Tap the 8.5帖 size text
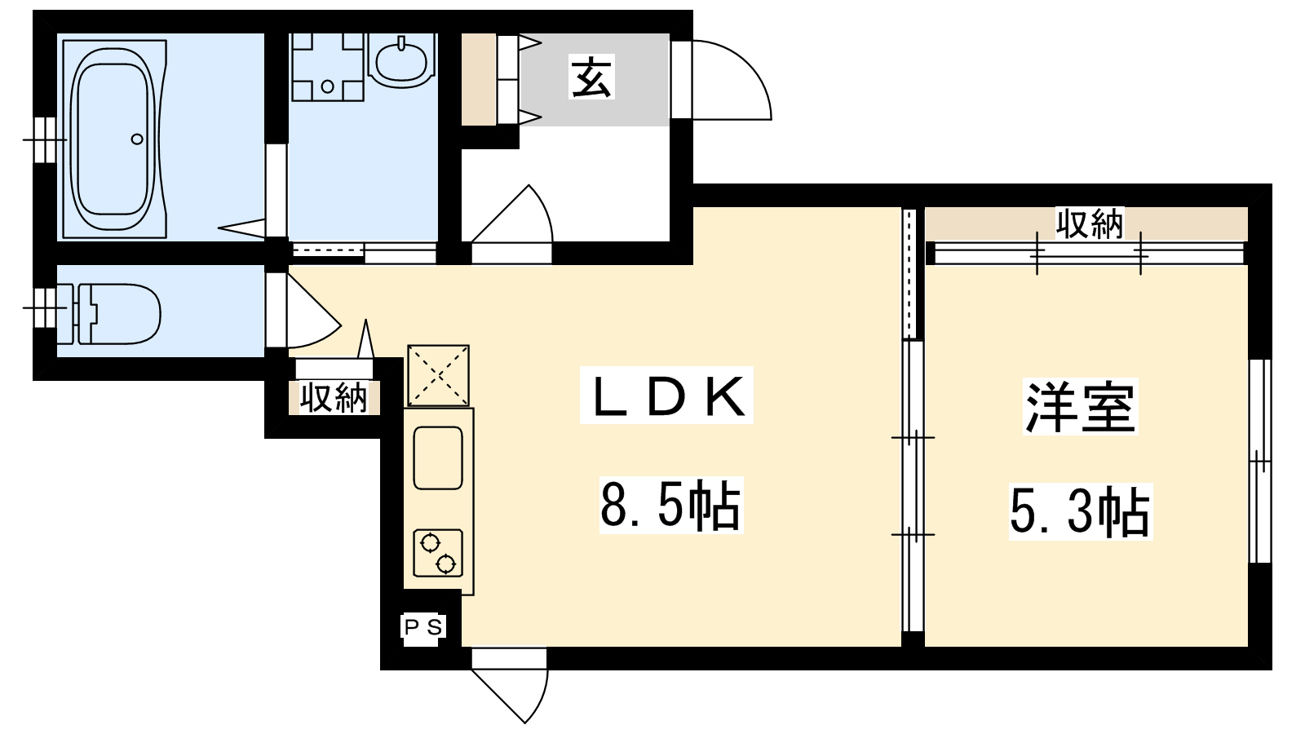670,505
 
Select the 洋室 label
1080,407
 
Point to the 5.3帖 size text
1080,512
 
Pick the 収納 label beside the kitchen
334,399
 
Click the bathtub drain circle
137,139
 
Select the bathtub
115,139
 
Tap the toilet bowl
118,314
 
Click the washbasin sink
403,60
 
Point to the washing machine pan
327,66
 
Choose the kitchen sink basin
438,458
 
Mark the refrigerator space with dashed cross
438,375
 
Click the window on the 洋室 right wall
1259,462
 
